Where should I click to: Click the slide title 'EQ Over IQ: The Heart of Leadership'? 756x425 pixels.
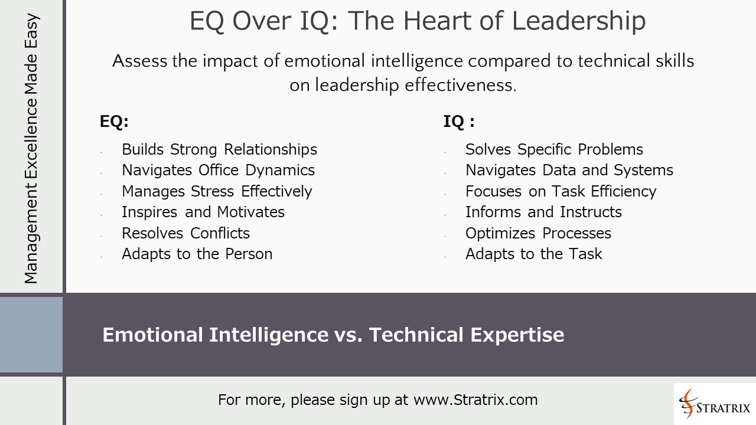(417, 21)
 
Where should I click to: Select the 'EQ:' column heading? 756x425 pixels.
(114, 122)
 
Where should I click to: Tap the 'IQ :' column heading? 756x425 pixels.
(459, 122)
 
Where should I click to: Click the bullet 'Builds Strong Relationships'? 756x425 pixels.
(219, 149)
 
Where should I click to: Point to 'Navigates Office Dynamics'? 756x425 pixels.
(218, 170)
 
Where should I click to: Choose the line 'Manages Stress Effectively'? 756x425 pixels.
(217, 191)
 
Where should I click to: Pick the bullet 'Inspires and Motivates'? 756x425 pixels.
(203, 212)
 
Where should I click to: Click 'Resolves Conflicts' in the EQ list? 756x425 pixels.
(185, 233)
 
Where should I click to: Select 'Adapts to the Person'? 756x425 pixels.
(197, 254)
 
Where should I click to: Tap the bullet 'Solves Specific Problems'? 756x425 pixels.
(554, 149)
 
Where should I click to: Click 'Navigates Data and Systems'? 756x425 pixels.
(569, 170)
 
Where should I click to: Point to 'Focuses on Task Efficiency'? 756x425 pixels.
(561, 191)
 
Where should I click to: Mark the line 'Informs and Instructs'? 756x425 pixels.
(543, 212)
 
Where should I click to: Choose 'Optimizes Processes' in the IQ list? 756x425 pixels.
(538, 233)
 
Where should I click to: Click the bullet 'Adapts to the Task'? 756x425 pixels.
(533, 254)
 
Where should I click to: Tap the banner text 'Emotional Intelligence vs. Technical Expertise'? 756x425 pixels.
(333, 335)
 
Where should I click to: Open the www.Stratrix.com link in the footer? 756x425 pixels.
(475, 400)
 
